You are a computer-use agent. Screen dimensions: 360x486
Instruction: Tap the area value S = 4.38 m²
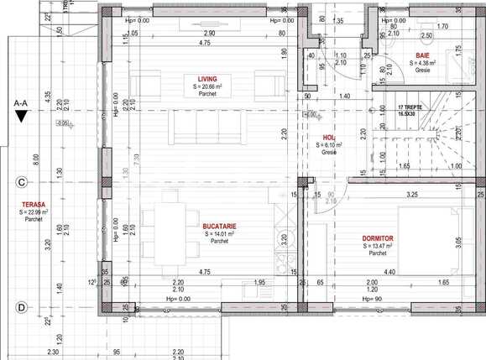pos(423,62)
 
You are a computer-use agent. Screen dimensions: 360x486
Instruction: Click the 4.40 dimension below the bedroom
pos(389,270)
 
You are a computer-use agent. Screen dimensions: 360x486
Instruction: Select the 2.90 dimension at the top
pos(209,31)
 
